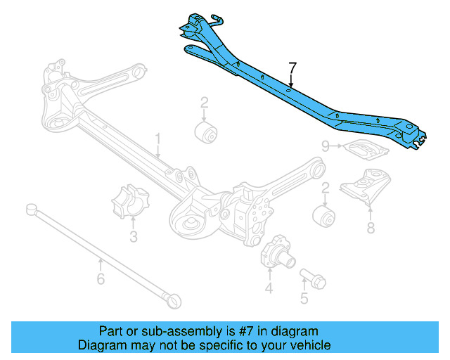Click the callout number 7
click(292, 68)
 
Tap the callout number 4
click(269, 288)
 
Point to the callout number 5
click(304, 299)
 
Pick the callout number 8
click(371, 227)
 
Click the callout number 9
click(326, 146)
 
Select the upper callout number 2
click(204, 104)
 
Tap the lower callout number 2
click(326, 188)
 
